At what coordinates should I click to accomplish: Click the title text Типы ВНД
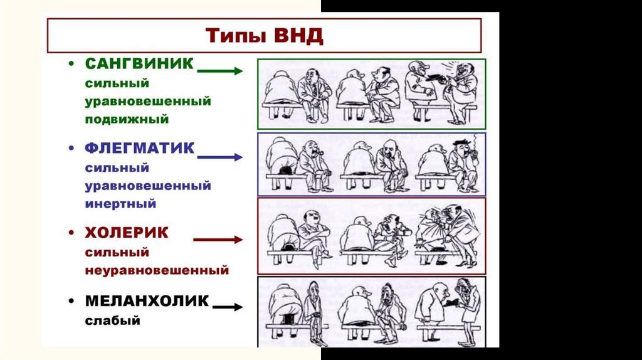pos(265,36)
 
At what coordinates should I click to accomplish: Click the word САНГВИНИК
pos(139,64)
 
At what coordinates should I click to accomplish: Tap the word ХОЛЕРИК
pos(127,233)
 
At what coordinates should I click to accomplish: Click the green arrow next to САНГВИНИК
pos(220,71)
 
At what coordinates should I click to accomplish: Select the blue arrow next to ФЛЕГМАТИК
pos(220,157)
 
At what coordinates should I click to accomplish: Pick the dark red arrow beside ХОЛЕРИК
pos(218,240)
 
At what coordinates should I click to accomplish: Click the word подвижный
pos(122,119)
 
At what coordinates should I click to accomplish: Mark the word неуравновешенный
pos(157,271)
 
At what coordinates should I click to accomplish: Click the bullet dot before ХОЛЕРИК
pos(73,234)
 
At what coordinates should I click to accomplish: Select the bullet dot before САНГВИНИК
pos(73,65)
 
